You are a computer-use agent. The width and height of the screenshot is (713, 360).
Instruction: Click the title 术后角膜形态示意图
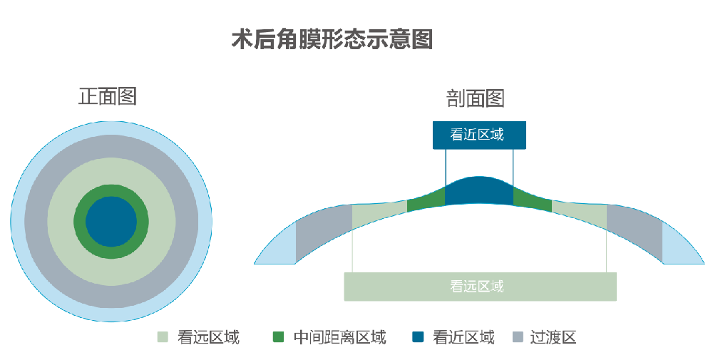tap(332, 40)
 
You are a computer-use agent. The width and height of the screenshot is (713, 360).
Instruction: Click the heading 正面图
tap(107, 96)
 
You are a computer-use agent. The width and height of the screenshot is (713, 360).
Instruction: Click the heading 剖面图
tap(475, 98)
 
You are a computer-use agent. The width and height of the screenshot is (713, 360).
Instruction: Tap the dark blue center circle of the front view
tap(111, 222)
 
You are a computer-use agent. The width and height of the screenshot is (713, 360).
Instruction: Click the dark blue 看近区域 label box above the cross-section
tap(479, 135)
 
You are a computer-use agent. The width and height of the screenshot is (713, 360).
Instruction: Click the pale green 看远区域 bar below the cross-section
tap(480, 287)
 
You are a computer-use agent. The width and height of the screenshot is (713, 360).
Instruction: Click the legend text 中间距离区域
tap(339, 337)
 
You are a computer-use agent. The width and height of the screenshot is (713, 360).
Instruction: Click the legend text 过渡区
tap(553, 337)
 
